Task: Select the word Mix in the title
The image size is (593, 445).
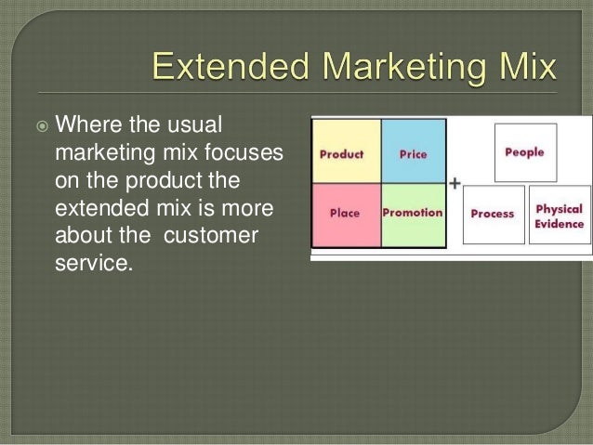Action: point(528,69)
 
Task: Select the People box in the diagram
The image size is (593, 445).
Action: point(525,152)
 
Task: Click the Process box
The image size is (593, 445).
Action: point(493,215)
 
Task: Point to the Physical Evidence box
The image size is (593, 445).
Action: point(560,215)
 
